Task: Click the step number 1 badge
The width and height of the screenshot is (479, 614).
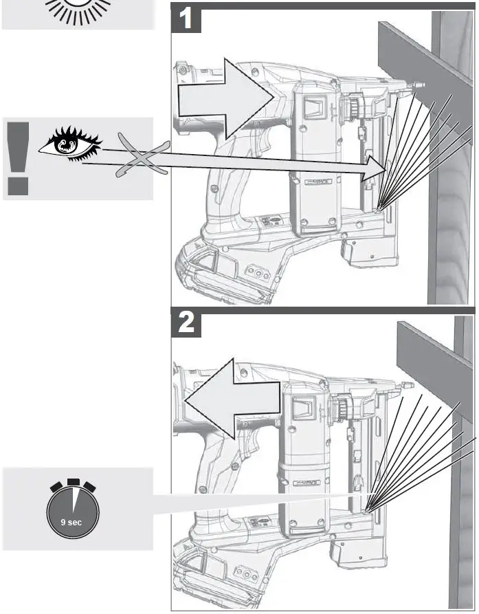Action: [186, 20]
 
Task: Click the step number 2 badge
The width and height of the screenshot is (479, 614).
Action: [186, 324]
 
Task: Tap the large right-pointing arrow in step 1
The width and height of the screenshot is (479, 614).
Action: [227, 99]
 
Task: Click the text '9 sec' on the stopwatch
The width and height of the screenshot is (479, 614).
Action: [71, 523]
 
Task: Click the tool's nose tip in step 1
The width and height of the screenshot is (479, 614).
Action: [418, 87]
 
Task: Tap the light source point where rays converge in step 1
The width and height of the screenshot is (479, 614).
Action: [379, 206]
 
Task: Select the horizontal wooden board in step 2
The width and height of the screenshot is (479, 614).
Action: [433, 358]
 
